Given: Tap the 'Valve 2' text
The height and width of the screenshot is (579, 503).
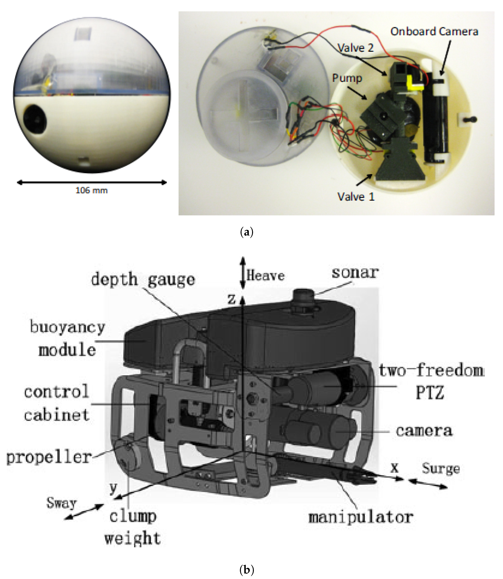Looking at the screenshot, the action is pos(355,48).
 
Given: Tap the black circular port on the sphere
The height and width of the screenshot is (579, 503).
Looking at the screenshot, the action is pos(35,120).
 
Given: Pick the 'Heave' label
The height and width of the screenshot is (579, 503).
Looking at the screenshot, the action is pos(265,276).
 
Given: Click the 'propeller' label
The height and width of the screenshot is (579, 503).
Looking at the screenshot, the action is pos(49,457).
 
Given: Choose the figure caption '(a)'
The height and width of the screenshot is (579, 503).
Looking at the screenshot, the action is pos(247,232).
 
